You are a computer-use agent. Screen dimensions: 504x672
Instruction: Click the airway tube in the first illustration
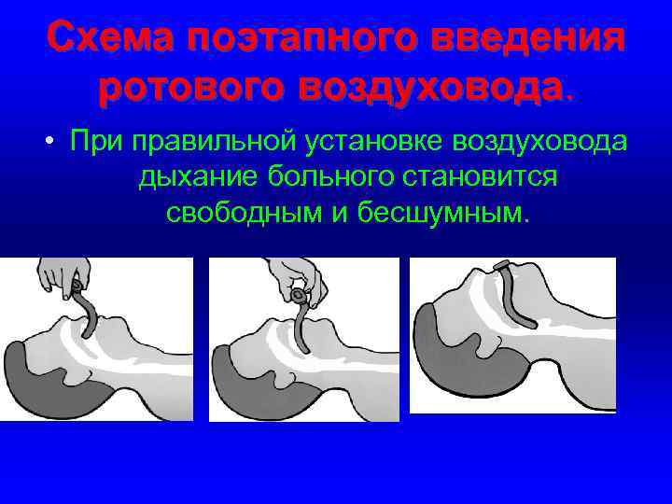tap(89, 313)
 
